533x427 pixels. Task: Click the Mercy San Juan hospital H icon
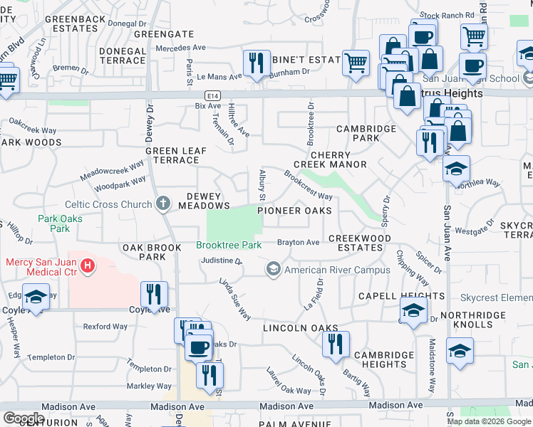pos(88,266)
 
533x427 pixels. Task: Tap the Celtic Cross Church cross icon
pos(163,204)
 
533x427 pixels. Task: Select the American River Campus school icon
pos(273,270)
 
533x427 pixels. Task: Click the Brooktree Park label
pos(228,245)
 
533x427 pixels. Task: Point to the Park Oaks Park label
pos(60,223)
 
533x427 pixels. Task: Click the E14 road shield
pos(212,95)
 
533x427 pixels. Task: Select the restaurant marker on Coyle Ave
pos(155,293)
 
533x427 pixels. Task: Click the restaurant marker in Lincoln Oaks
pos(334,344)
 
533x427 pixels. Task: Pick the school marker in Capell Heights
pos(413,310)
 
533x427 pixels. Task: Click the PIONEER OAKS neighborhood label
pos(294,211)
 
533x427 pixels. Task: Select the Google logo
pos(24,418)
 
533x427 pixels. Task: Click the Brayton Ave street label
pos(298,243)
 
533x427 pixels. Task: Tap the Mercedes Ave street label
pos(180,48)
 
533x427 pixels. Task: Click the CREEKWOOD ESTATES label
pos(360,243)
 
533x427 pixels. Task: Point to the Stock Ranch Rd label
pos(447,14)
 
